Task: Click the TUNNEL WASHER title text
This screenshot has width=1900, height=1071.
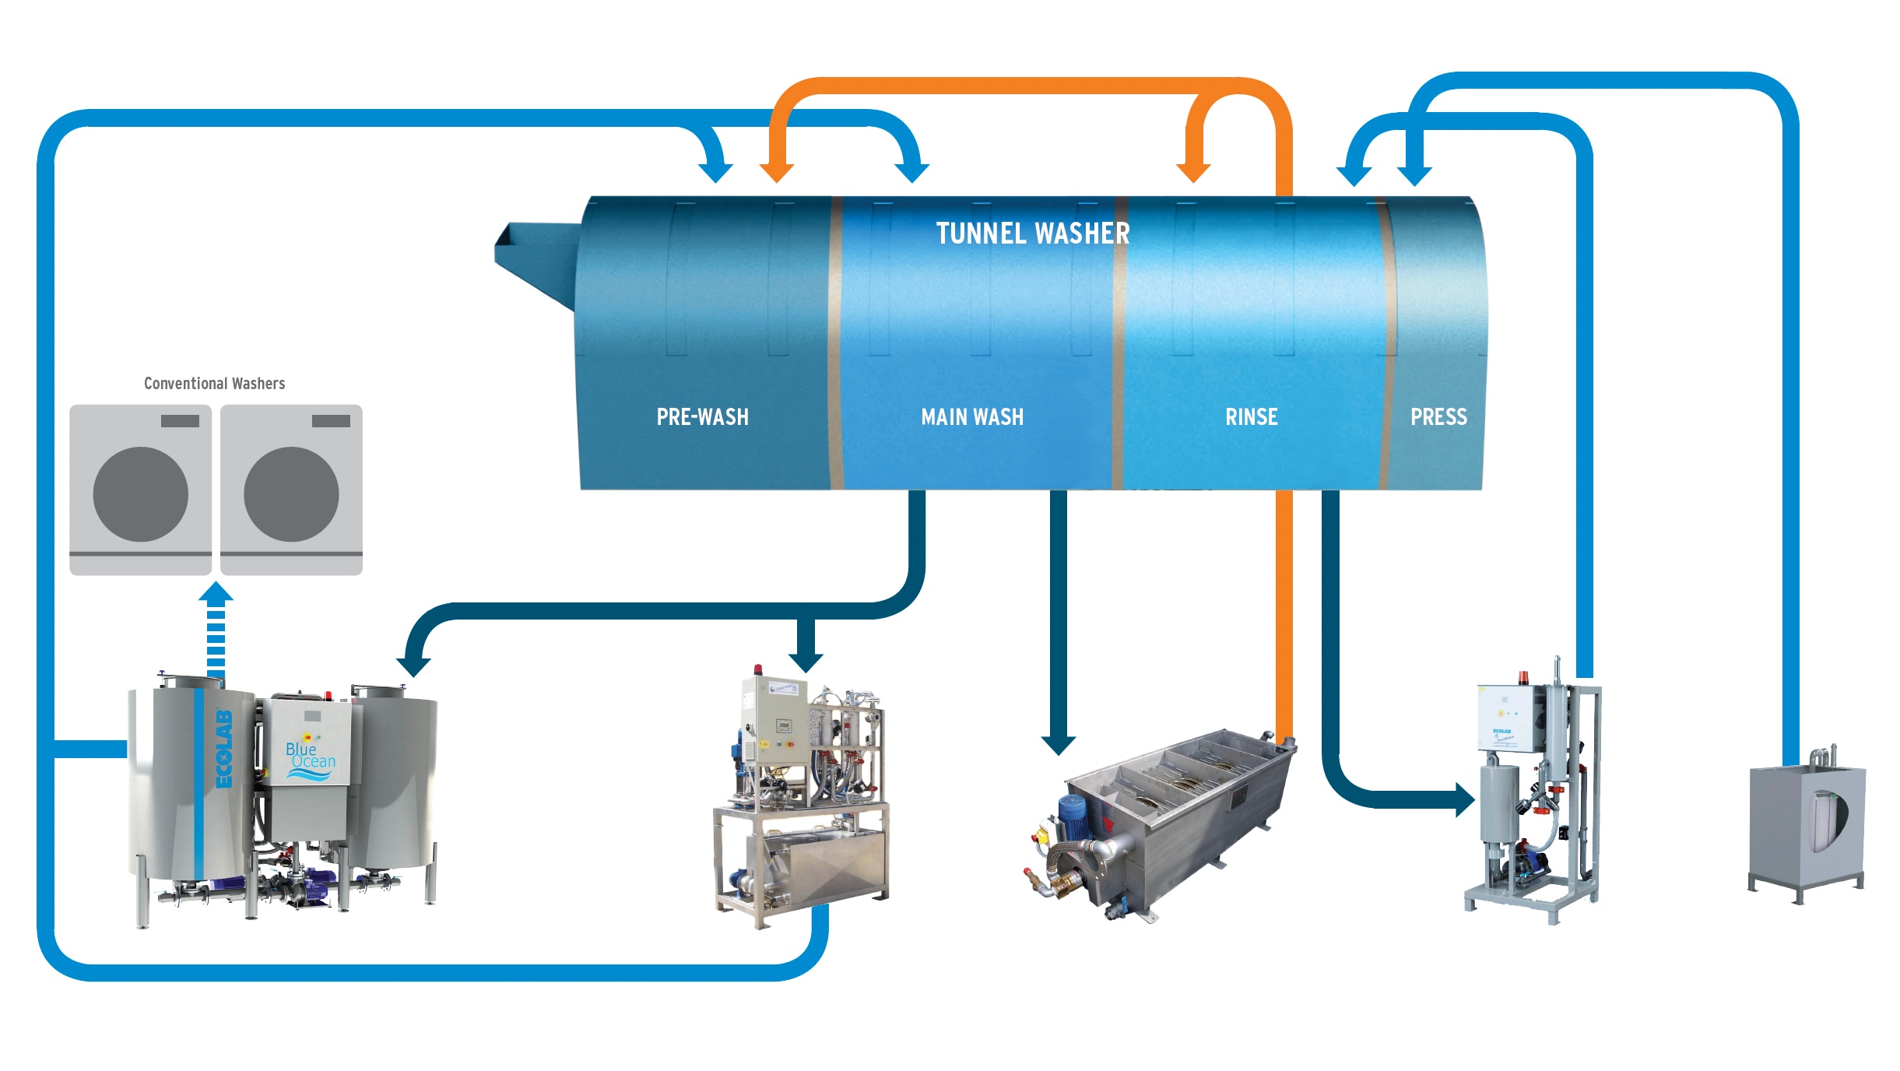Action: (x=1032, y=234)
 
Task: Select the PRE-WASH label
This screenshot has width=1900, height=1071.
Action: (x=702, y=417)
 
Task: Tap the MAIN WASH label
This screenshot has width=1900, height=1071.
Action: (x=972, y=417)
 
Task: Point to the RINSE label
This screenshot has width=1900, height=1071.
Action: (x=1251, y=417)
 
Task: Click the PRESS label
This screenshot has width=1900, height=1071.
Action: (x=1438, y=417)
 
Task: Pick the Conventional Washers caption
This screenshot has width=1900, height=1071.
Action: (x=214, y=384)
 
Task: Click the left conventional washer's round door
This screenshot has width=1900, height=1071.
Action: (x=141, y=494)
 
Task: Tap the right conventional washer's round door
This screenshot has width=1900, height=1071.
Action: (x=292, y=494)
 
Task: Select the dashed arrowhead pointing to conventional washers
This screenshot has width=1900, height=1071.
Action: (x=216, y=593)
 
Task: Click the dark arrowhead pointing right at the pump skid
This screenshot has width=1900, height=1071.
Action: (x=1465, y=799)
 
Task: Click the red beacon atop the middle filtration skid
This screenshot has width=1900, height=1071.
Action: (x=757, y=669)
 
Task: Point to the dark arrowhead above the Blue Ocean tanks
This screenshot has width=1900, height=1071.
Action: (x=413, y=666)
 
